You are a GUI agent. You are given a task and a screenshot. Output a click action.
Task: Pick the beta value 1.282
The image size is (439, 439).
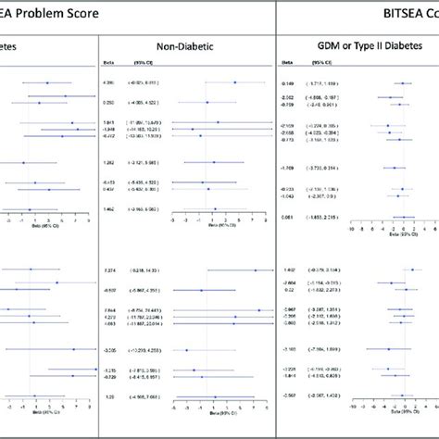pos(108,162)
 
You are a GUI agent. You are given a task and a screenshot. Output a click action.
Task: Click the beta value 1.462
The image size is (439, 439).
pos(108,209)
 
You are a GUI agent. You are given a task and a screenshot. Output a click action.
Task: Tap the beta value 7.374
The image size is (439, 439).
pos(108,270)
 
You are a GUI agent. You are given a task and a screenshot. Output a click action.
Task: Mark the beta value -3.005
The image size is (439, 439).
pos(108,350)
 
